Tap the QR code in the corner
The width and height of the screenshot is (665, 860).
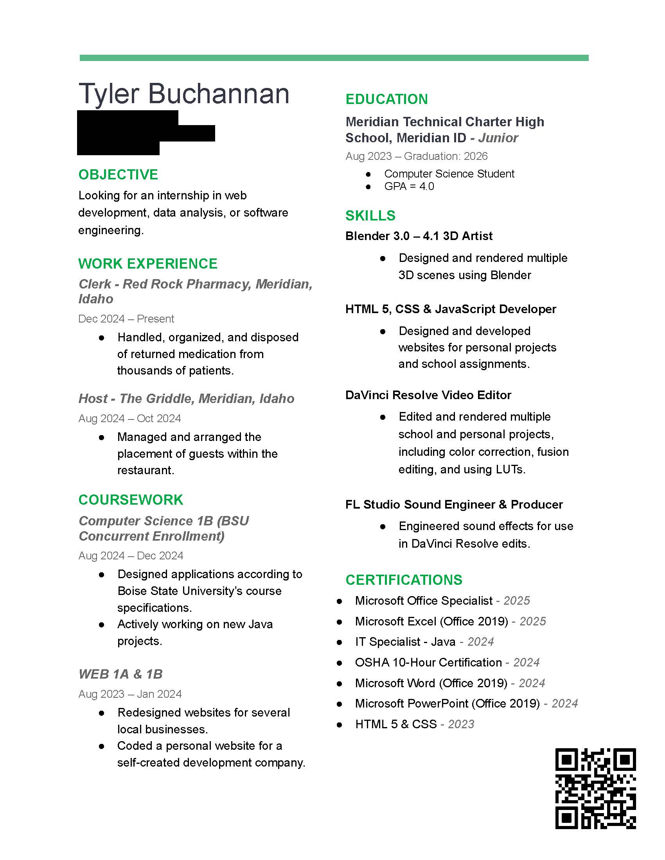(x=595, y=788)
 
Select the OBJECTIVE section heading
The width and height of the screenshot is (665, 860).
(x=118, y=174)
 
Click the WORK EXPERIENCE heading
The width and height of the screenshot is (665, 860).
(x=148, y=263)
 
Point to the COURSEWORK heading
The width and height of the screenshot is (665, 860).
(x=131, y=500)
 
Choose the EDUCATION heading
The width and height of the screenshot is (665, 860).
(x=386, y=99)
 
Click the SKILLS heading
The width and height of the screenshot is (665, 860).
(x=370, y=215)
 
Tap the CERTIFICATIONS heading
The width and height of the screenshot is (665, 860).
(x=404, y=580)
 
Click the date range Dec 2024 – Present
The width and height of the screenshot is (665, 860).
(x=126, y=319)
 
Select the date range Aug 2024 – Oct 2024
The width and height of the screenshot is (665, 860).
(x=129, y=418)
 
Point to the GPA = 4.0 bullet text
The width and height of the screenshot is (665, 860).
(x=409, y=186)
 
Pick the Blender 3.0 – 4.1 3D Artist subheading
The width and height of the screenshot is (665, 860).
(x=419, y=236)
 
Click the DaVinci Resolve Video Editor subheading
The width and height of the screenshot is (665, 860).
(x=428, y=395)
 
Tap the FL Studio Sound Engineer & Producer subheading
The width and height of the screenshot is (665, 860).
(x=454, y=504)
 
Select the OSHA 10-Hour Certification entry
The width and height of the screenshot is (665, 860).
(x=428, y=662)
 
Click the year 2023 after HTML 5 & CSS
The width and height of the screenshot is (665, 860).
(x=461, y=724)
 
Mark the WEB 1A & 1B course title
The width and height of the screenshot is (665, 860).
(x=120, y=674)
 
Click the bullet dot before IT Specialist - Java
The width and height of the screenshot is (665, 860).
(x=340, y=642)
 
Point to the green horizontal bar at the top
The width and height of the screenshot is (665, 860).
(x=334, y=58)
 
